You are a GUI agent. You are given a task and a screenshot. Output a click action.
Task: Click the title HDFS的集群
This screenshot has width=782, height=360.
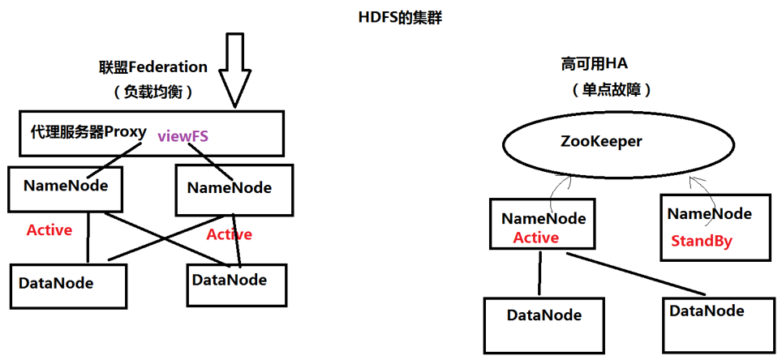(398, 16)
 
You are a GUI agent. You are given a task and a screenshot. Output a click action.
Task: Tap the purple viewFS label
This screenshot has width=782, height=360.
(183, 136)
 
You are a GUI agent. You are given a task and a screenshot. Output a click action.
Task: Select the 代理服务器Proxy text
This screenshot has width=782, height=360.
(88, 132)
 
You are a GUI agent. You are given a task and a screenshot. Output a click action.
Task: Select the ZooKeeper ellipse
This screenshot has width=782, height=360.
(601, 143)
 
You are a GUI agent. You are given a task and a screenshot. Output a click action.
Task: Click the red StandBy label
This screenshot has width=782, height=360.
(701, 241)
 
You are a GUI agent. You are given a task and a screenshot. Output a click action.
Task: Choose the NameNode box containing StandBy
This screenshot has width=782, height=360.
(715, 226)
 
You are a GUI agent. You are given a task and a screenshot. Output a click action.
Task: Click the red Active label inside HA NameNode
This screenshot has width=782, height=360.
(535, 238)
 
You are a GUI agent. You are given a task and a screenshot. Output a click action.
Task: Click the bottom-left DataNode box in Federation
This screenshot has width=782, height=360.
(69, 285)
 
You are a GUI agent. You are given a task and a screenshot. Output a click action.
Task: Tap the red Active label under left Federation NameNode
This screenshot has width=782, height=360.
(49, 230)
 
